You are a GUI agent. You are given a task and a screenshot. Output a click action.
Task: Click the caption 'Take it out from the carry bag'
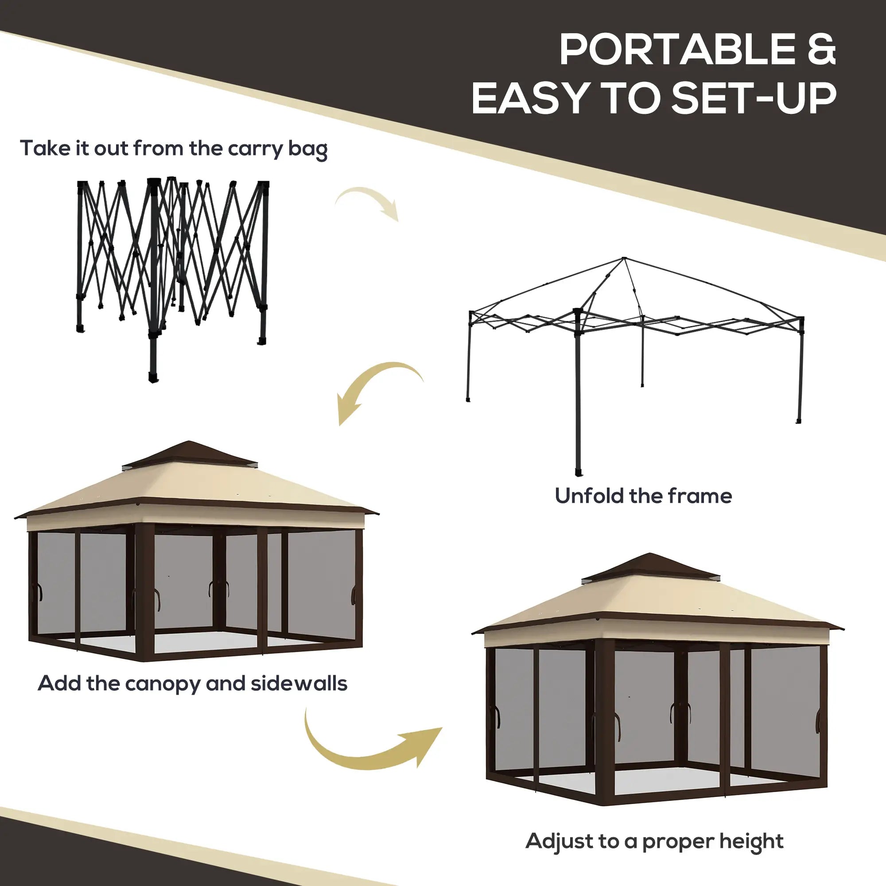[x=174, y=148]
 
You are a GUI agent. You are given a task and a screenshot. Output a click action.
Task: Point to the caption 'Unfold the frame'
[x=643, y=496]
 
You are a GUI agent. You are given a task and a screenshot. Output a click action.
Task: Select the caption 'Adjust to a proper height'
[x=654, y=841]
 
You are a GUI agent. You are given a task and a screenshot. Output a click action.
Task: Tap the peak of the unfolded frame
[x=624, y=260]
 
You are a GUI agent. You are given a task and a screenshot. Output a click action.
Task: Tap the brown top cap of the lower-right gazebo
[x=657, y=567]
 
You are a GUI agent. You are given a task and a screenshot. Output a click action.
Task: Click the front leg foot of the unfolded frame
[x=579, y=472]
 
